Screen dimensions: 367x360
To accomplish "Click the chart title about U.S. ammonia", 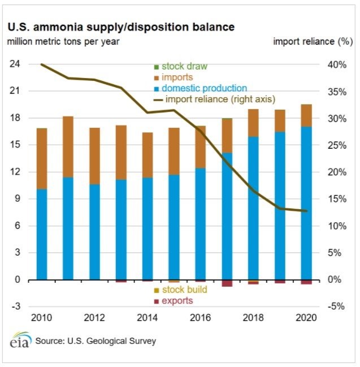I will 120,27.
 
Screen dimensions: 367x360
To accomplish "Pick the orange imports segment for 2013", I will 121,152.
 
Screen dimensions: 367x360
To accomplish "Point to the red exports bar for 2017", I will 227,283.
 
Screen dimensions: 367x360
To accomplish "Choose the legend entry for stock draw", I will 180,66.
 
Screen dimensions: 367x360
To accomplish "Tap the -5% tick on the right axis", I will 337,306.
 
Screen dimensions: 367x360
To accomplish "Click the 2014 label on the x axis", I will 148,318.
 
